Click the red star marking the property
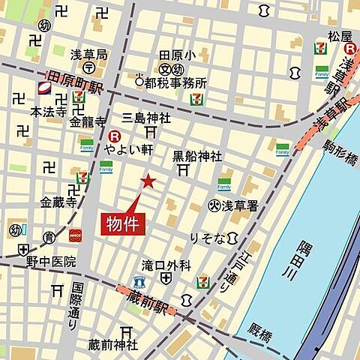click(x=148, y=181)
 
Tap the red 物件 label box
click(x=121, y=223)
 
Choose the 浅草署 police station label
click(x=239, y=204)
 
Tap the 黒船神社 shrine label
click(x=197, y=157)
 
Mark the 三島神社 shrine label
click(x=146, y=118)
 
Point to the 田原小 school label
click(x=177, y=55)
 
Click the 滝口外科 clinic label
click(x=166, y=265)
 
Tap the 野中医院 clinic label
click(x=51, y=262)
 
